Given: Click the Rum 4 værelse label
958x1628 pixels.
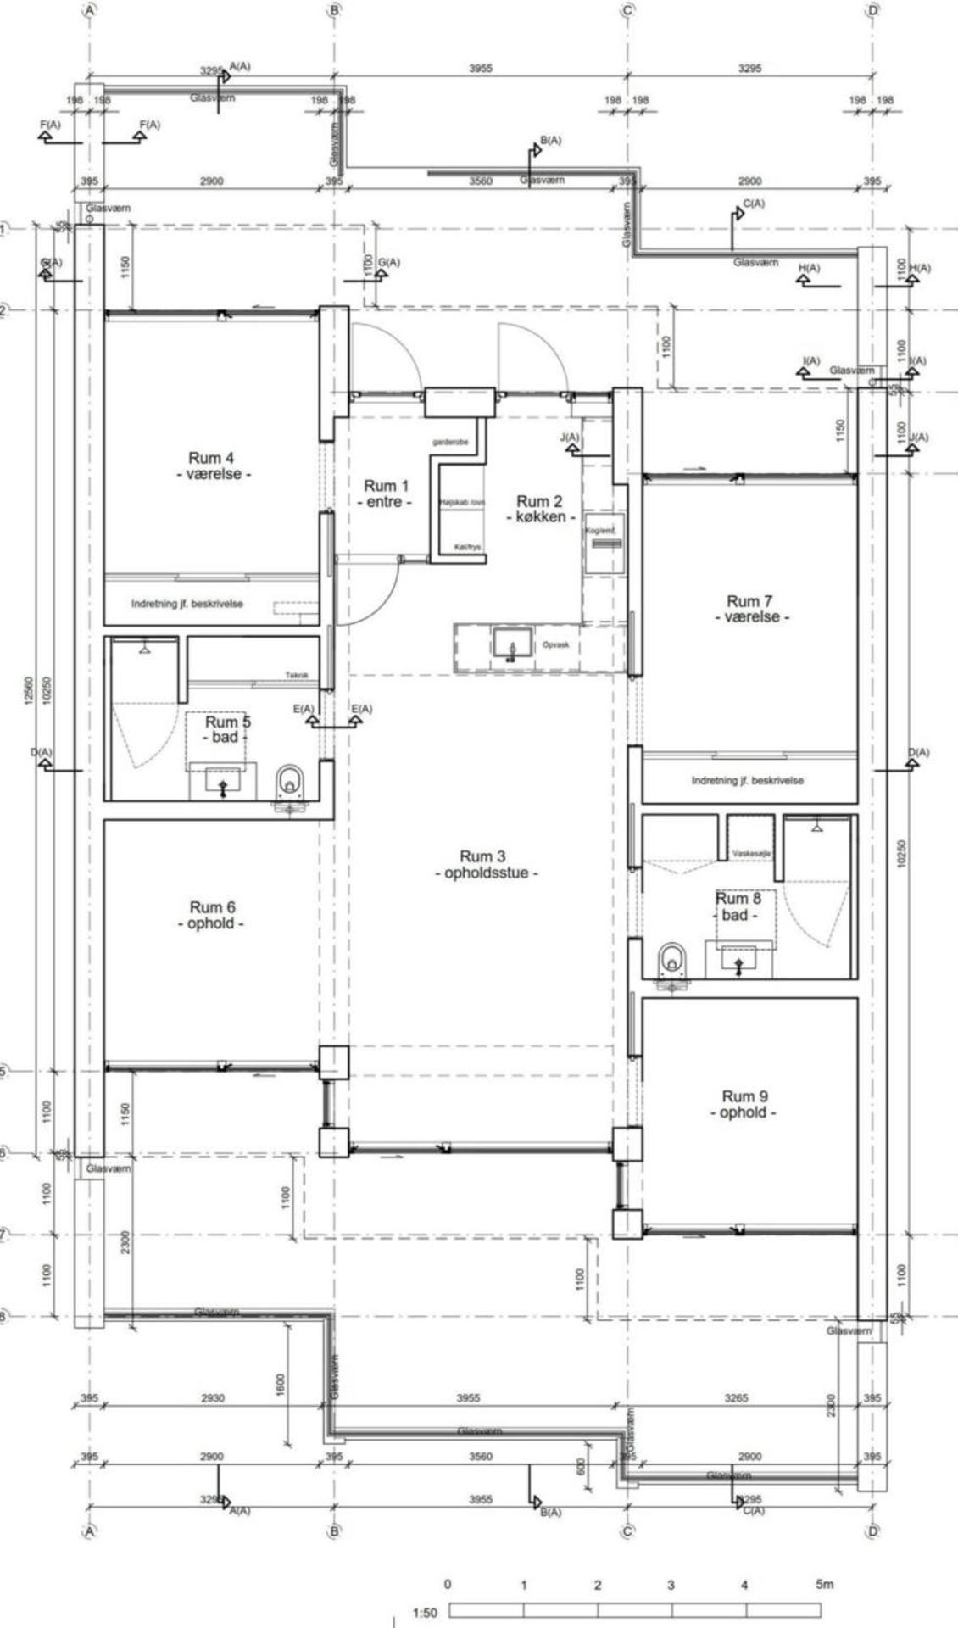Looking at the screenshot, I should click(x=211, y=466).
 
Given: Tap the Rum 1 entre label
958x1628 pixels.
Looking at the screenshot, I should click(x=386, y=493).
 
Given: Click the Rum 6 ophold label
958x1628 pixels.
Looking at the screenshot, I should click(x=212, y=915).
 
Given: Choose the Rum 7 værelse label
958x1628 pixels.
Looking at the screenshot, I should click(x=749, y=609).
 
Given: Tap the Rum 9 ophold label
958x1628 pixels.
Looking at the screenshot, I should click(x=744, y=1104).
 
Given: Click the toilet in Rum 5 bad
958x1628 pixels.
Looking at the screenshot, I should click(x=291, y=782).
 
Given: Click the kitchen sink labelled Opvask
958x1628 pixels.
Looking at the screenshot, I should click(x=512, y=644).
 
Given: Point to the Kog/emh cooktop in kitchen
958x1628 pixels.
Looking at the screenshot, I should click(x=604, y=543).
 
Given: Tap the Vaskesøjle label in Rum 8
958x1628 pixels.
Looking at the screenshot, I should click(x=749, y=854).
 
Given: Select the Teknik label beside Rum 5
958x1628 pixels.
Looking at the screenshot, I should click(x=297, y=675).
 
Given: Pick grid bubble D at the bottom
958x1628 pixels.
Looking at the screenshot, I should click(x=872, y=1531).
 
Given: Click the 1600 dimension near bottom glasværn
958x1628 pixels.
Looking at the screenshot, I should click(x=281, y=1383).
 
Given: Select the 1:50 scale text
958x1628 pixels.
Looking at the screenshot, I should click(x=424, y=1613).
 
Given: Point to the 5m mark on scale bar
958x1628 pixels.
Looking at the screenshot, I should click(x=824, y=1584).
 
